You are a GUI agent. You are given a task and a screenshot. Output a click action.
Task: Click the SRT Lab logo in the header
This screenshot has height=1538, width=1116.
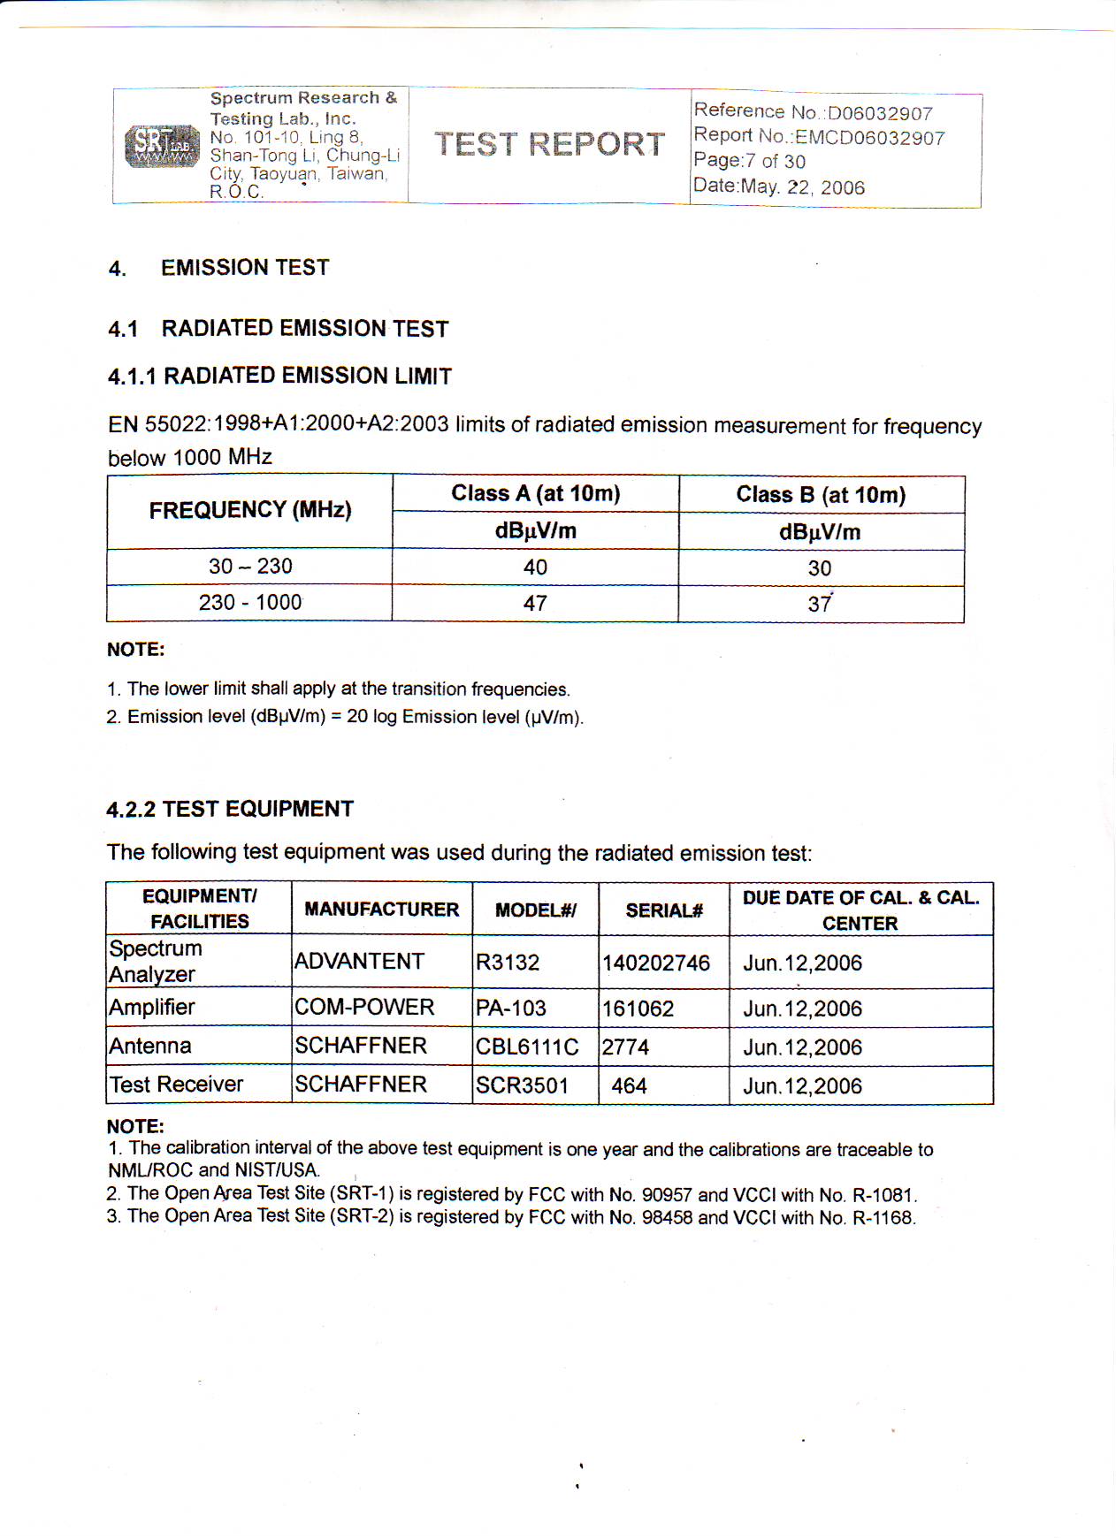162,146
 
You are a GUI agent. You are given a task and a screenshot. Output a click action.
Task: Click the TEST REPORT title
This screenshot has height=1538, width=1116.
549,144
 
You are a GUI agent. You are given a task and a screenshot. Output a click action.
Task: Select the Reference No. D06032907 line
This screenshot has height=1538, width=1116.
813,112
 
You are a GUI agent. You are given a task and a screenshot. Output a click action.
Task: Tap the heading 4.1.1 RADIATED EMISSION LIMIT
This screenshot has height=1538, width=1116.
279,376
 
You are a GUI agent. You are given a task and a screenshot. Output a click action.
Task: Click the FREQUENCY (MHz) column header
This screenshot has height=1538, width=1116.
250,510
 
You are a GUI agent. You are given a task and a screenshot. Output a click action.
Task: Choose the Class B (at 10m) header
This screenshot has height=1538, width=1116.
821,494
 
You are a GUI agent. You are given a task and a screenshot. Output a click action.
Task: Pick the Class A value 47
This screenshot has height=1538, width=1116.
535,604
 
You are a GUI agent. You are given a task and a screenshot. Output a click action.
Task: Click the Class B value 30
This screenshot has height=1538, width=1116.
820,568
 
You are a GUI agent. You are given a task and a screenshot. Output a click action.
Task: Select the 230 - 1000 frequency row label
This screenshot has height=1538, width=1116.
250,603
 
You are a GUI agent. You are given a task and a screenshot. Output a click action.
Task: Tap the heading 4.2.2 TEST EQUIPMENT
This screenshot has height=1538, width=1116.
230,809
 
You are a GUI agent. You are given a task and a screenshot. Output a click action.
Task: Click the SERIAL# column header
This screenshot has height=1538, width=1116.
664,910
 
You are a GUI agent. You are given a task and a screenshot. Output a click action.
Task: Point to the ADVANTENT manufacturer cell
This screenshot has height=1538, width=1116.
359,962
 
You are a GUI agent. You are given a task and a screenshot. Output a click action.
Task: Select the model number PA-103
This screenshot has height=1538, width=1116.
511,1009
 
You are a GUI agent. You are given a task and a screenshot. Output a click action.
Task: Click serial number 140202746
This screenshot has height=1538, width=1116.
656,963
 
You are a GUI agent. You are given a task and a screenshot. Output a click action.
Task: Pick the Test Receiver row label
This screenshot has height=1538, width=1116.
176,1085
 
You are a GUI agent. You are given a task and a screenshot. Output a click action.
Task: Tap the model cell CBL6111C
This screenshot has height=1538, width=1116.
527,1047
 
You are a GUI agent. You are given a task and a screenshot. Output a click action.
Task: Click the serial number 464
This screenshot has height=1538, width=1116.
629,1086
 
